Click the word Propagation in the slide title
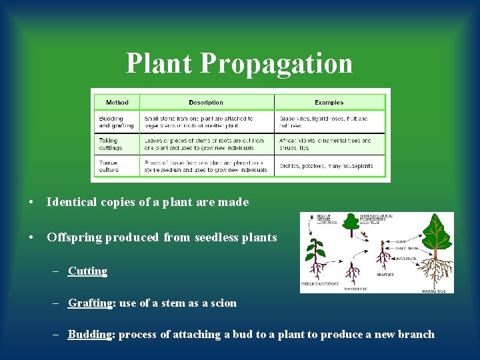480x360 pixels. [276, 64]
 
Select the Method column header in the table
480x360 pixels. [117, 103]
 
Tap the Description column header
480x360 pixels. [206, 103]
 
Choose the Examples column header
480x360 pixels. [329, 103]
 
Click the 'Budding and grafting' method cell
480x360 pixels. [116, 122]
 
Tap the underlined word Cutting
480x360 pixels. [87, 271]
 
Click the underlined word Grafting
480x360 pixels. [90, 303]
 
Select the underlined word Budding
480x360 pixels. [89, 335]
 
